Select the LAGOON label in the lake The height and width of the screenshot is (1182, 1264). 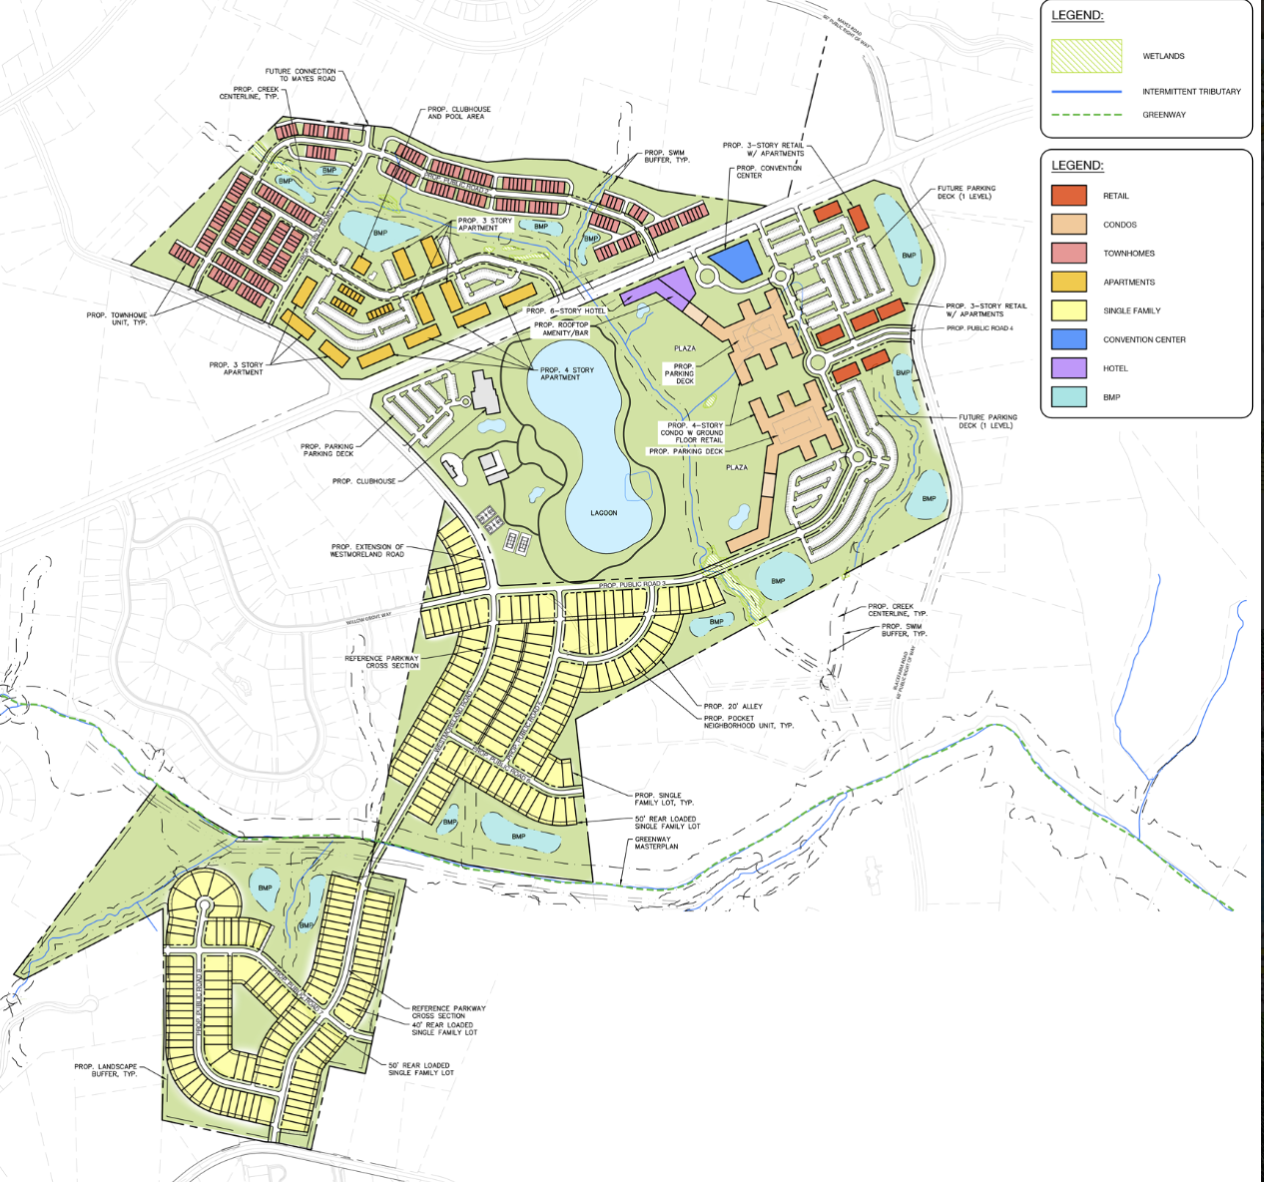tap(604, 513)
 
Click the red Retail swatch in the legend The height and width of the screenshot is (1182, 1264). tap(1068, 196)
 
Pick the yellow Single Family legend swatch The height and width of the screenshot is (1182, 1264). tap(1068, 310)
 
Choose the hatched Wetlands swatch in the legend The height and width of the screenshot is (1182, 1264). tap(1086, 56)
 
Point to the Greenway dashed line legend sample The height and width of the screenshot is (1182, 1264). tap(1086, 115)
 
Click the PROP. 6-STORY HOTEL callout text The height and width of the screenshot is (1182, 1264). tap(566, 310)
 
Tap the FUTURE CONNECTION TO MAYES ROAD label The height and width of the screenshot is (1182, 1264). tap(301, 75)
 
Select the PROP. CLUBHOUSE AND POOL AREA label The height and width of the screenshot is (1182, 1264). tap(459, 113)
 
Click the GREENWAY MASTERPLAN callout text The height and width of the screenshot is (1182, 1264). tap(657, 843)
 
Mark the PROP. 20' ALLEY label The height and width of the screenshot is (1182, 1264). tap(733, 706)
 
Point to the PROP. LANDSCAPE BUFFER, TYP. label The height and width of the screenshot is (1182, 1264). tap(106, 1070)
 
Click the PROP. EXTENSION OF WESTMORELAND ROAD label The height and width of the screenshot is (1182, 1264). tap(367, 550)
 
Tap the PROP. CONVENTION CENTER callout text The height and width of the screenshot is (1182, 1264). tap(769, 172)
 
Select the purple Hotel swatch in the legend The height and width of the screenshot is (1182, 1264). tap(1068, 368)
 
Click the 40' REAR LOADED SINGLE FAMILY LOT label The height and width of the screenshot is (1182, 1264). tap(444, 1028)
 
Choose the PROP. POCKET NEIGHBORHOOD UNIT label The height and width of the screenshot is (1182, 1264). tap(749, 722)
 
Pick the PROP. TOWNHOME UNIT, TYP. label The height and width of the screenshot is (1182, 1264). tap(117, 318)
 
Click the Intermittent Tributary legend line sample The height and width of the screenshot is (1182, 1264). tap(1086, 92)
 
